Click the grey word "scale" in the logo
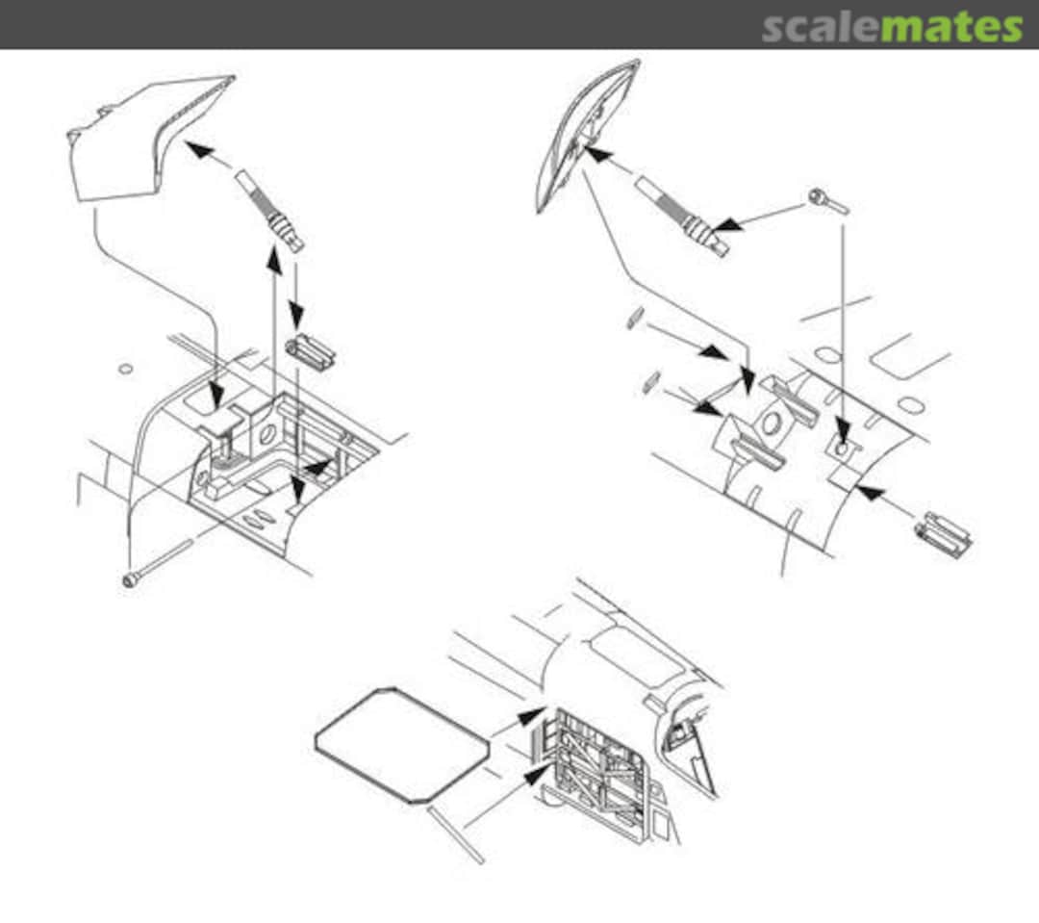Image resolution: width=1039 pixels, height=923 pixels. pos(821,27)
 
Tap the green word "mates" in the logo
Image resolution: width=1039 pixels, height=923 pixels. pos(951,27)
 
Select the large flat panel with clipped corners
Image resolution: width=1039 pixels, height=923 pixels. pos(402,745)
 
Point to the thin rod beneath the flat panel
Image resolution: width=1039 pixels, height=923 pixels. pos(456,834)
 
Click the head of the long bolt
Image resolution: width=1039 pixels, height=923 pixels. pos(130,581)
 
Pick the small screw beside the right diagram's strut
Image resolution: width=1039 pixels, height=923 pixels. pos(827,200)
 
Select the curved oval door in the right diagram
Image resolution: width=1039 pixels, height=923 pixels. pos(587,136)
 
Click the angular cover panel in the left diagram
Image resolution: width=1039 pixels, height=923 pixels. pos(149,138)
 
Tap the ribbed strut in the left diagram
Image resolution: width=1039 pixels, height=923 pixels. pos(271,210)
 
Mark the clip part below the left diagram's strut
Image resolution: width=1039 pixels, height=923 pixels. pos(311,353)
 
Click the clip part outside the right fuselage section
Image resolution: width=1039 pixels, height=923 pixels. pos(944,534)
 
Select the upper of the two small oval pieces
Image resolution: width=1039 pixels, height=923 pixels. pos(635,318)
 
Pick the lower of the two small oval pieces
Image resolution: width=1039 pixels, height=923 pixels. pos(651,383)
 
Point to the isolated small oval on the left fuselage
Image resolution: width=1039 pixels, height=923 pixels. pos(125,369)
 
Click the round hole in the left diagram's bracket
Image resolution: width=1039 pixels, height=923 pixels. pos(267,434)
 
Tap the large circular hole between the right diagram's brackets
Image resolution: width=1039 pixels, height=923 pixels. pos(770,422)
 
